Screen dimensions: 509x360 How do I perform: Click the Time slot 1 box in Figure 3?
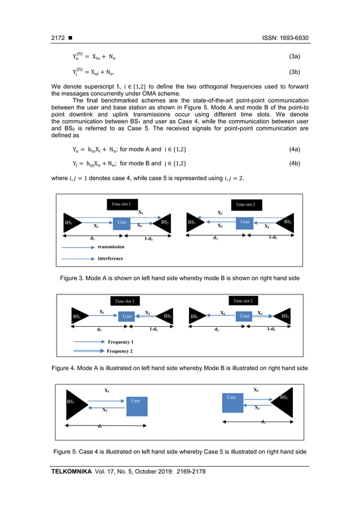point(121,204)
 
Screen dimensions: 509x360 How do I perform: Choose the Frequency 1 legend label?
point(120,342)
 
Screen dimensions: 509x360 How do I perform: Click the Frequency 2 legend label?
point(120,351)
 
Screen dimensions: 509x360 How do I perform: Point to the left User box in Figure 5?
point(137,405)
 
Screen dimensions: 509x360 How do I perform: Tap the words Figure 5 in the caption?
point(68,451)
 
